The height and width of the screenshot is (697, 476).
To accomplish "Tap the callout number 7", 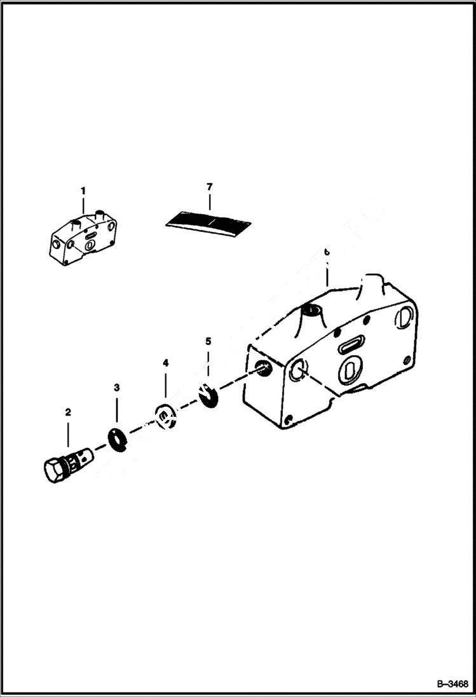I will pyautogui.click(x=210, y=186).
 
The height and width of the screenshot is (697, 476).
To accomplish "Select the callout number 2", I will pyautogui.click(x=68, y=412).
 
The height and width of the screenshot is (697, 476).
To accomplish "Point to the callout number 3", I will pyautogui.click(x=116, y=387).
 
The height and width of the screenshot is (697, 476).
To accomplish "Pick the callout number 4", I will pyautogui.click(x=165, y=363).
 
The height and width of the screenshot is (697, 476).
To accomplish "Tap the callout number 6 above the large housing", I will pyautogui.click(x=327, y=252).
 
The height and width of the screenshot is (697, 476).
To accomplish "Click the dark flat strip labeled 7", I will pyautogui.click(x=208, y=222).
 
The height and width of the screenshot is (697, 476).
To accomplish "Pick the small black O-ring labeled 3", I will pyautogui.click(x=117, y=438).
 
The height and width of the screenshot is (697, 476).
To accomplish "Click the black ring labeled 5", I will pyautogui.click(x=208, y=395).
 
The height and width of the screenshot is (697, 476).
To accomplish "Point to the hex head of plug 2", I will pyautogui.click(x=54, y=470).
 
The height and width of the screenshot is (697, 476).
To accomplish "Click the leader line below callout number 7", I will pyautogui.click(x=210, y=202).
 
